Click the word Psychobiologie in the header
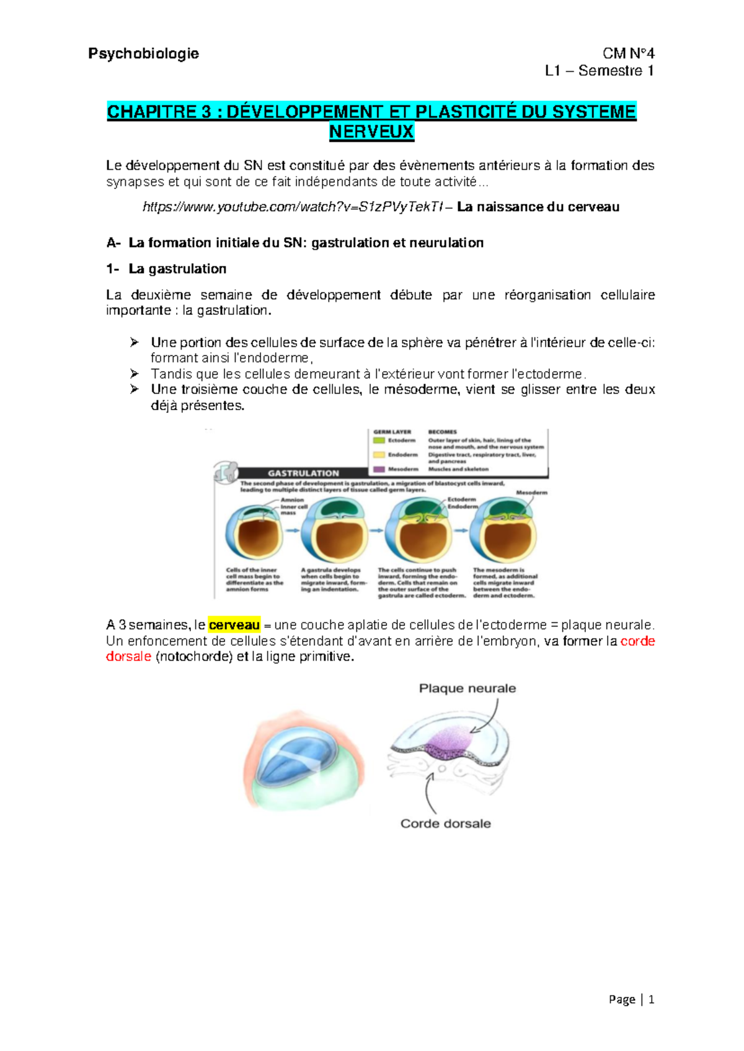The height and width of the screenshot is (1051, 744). click(143, 54)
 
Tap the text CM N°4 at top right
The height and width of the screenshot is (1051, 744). click(628, 54)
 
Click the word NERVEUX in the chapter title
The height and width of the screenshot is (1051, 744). click(371, 132)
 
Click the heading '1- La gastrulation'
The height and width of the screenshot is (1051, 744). click(166, 269)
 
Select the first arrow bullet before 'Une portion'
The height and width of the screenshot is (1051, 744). click(135, 342)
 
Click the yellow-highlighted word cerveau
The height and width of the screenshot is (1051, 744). click(234, 625)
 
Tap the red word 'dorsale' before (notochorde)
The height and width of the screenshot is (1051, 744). click(128, 656)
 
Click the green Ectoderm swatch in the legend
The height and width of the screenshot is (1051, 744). click(379, 441)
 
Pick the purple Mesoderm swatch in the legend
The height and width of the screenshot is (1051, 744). click(379, 469)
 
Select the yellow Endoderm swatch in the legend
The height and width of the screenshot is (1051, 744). click(379, 455)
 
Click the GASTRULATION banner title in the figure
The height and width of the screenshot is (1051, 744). click(303, 473)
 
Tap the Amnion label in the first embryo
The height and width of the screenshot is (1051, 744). click(292, 499)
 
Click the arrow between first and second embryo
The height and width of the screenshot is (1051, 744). click(292, 530)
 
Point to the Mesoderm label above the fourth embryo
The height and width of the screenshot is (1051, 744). click(531, 493)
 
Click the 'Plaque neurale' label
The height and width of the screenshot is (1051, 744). click(467, 688)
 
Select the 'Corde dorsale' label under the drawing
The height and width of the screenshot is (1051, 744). click(445, 824)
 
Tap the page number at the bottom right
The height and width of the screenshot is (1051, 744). click(650, 999)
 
